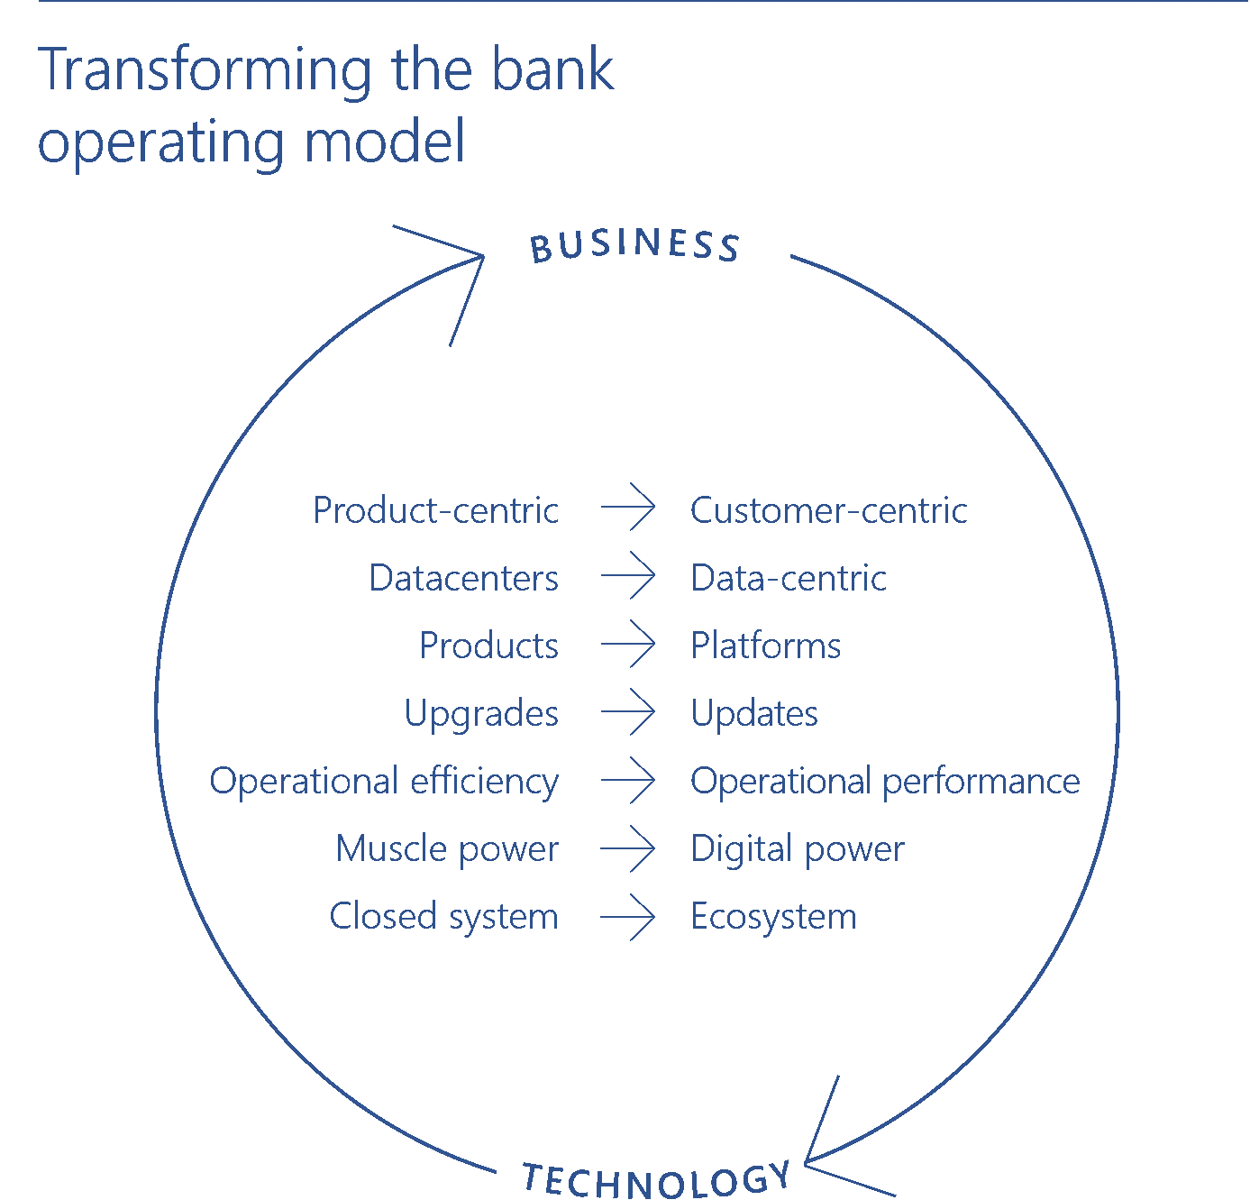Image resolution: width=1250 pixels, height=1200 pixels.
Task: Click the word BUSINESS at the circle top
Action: point(634,245)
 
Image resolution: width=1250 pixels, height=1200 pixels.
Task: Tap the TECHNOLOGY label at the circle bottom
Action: point(656,1180)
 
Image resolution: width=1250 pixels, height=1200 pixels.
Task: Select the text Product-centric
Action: point(435,511)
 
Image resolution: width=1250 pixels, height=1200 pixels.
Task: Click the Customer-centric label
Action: point(828,511)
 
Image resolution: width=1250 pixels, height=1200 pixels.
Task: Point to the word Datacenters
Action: point(463,579)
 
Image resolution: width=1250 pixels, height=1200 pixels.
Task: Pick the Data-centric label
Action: point(788,579)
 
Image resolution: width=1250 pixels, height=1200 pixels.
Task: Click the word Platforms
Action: point(765,646)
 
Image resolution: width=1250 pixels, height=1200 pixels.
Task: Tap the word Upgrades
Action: point(481,714)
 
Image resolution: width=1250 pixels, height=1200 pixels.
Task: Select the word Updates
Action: point(753,714)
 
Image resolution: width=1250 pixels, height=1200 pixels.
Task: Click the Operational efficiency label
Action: point(384,782)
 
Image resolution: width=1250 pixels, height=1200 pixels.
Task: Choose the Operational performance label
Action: point(884,782)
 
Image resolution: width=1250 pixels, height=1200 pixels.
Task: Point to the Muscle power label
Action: point(447,849)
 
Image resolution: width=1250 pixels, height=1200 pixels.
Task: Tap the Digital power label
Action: point(797,849)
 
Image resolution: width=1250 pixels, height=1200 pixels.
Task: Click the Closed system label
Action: point(443,917)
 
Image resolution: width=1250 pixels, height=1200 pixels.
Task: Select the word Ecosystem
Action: point(773,917)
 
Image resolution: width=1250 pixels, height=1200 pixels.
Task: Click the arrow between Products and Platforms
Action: point(628,645)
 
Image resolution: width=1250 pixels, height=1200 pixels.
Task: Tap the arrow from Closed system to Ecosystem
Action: point(628,917)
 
